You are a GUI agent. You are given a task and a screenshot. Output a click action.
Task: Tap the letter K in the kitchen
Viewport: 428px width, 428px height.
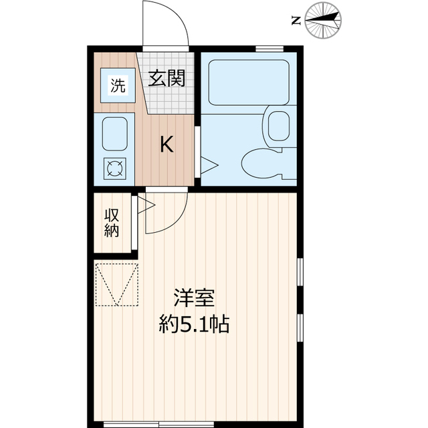(167, 144)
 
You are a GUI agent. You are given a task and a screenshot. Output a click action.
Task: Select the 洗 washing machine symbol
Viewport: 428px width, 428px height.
(118, 85)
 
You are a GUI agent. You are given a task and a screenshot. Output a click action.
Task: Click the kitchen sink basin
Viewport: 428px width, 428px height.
(114, 134)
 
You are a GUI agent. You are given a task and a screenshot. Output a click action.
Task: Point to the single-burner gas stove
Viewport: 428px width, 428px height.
(114, 169)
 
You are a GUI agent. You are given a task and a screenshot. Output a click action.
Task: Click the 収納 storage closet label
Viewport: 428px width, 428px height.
(112, 223)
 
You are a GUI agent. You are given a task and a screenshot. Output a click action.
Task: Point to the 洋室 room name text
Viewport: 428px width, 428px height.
(194, 298)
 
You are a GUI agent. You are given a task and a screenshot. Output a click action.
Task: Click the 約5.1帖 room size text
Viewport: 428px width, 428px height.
(194, 326)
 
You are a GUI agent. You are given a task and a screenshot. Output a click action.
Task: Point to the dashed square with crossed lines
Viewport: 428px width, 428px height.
(117, 284)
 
